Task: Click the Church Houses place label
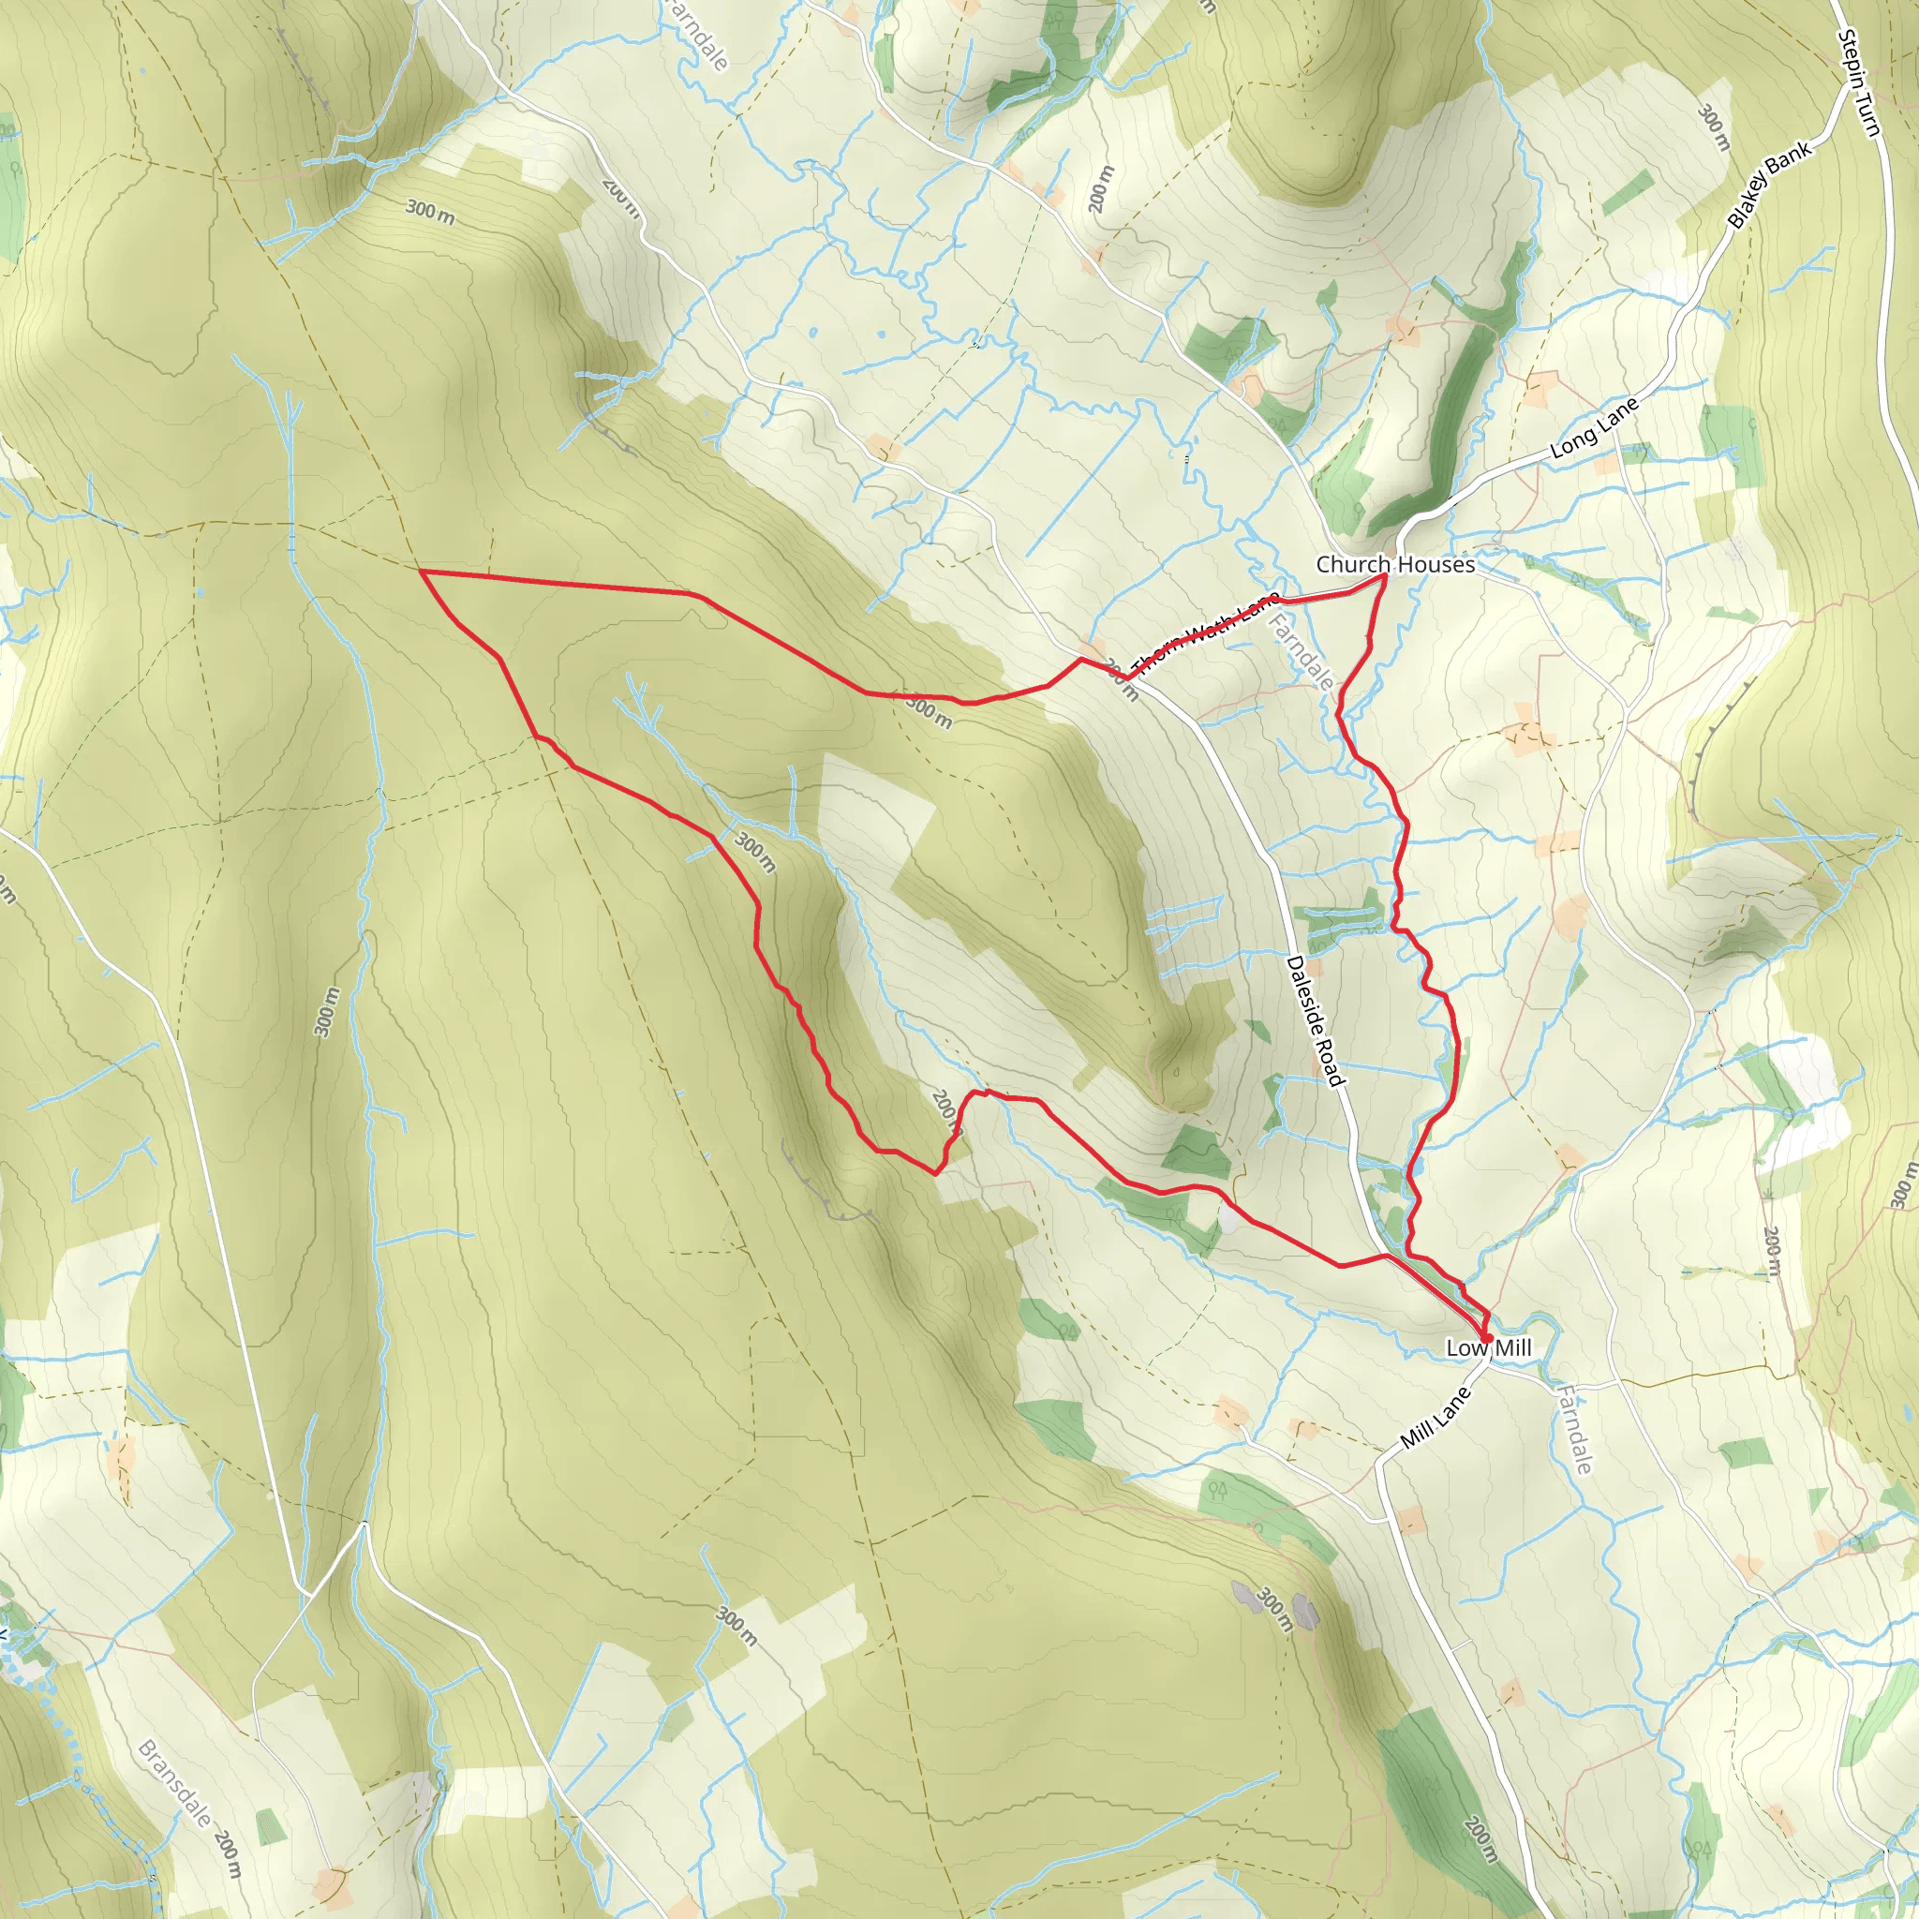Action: pyautogui.click(x=1394, y=564)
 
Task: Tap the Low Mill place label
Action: pyautogui.click(x=1488, y=1347)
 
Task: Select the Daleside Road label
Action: pyautogui.click(x=1314, y=1021)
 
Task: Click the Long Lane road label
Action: pyautogui.click(x=1594, y=428)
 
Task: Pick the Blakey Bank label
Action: pyautogui.click(x=1770, y=186)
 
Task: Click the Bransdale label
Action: pyautogui.click(x=175, y=1783)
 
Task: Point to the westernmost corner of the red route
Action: pyautogui.click(x=421, y=573)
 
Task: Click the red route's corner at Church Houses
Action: pyautogui.click(x=1386, y=575)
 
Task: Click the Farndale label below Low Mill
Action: pyautogui.click(x=1575, y=1429)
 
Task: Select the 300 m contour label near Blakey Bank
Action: pyautogui.click(x=1714, y=128)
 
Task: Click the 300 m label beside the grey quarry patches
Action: pyautogui.click(x=1274, y=1609)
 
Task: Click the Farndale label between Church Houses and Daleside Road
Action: pyautogui.click(x=1302, y=652)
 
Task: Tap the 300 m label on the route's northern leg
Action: pyautogui.click(x=929, y=711)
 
